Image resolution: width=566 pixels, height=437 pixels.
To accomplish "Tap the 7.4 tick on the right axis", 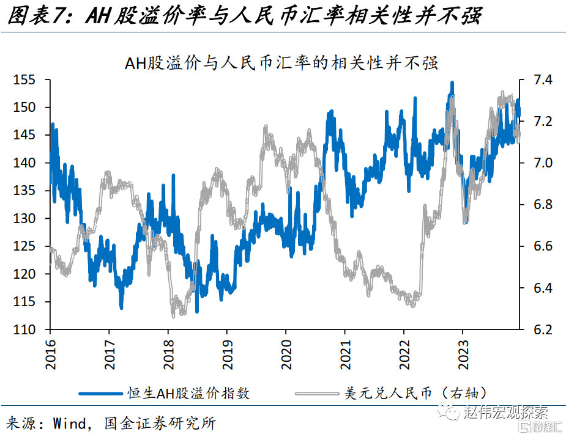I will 542,80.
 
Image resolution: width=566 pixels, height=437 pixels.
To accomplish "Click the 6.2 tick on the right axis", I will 542,330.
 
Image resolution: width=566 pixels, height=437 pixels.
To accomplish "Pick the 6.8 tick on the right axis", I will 542,205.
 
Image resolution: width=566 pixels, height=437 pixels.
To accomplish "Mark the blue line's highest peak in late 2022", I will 452,82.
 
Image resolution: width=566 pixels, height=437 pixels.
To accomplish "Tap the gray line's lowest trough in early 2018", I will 173,316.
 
